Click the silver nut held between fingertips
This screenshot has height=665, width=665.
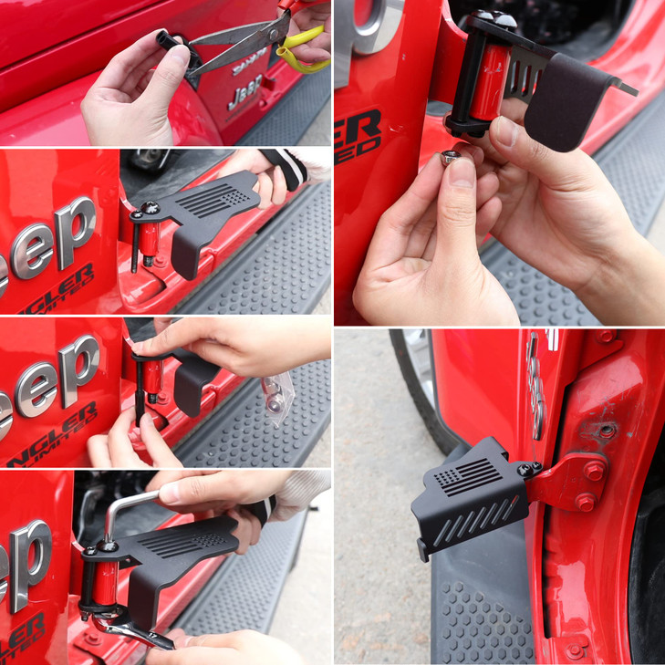pos(450,159)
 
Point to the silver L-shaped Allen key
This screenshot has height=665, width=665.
pos(122,511)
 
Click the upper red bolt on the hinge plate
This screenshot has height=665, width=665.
pos(594,471)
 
